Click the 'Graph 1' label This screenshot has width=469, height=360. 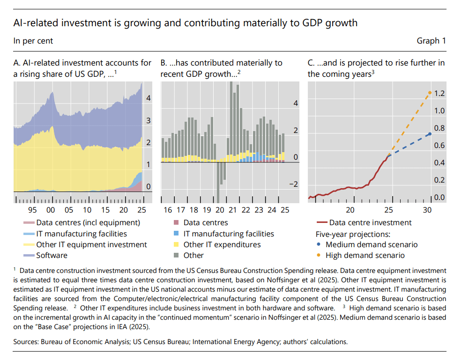[x=431, y=41]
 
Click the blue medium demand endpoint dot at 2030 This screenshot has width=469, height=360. [x=430, y=134]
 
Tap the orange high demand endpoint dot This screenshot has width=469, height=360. [x=430, y=93]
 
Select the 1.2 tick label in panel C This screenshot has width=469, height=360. [x=439, y=94]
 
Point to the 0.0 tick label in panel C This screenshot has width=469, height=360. [x=439, y=197]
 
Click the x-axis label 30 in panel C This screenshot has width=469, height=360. [x=427, y=210]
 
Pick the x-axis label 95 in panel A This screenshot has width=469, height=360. [x=33, y=210]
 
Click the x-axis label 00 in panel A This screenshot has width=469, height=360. [x=51, y=210]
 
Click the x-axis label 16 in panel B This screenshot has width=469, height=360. [x=167, y=210]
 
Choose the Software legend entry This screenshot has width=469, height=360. [x=52, y=256]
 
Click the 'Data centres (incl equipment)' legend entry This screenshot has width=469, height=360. [x=88, y=223]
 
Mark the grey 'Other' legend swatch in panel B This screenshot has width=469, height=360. [x=176, y=256]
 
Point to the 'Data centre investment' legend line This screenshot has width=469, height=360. [x=322, y=223]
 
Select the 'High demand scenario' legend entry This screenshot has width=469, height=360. [x=365, y=256]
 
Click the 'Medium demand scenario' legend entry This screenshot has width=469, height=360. [x=371, y=244]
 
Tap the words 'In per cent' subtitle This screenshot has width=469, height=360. [x=33, y=41]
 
